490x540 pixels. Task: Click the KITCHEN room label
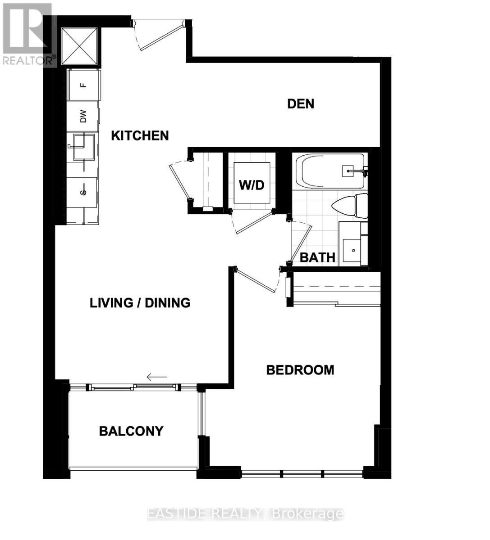[x=140, y=135]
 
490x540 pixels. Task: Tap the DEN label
[x=301, y=104]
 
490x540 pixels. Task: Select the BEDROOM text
[x=300, y=370]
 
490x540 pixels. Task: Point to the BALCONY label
[x=131, y=431]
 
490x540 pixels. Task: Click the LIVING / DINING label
[x=140, y=302]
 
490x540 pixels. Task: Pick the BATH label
[x=317, y=257]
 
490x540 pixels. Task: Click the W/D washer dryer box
[x=252, y=184]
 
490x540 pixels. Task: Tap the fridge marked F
[x=84, y=85]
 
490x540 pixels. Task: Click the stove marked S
[x=82, y=192]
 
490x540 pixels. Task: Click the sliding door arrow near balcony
[x=157, y=377]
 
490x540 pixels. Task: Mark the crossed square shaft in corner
[x=80, y=46]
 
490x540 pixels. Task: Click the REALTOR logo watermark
[x=28, y=34]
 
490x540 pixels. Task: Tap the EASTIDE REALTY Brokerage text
[x=245, y=514]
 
